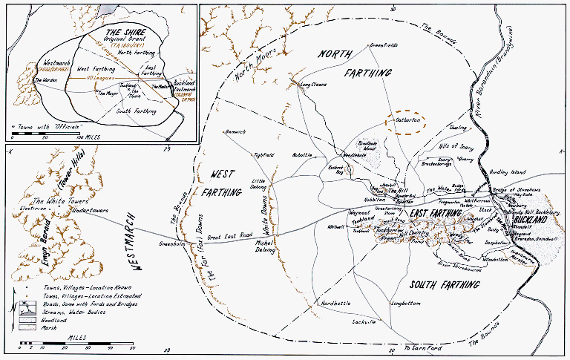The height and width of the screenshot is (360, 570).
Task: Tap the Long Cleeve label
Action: click(x=312, y=85)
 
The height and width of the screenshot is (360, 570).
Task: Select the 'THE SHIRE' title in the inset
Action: click(x=125, y=33)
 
